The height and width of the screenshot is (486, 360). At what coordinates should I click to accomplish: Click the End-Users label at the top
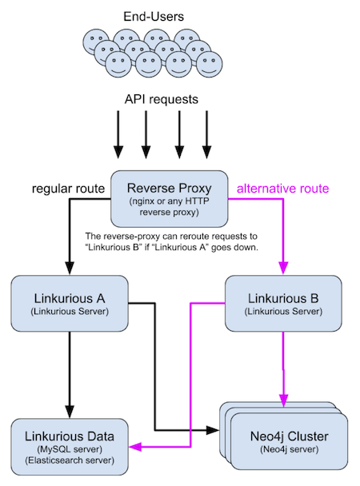tap(154, 17)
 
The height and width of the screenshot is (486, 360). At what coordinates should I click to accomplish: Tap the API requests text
tap(162, 99)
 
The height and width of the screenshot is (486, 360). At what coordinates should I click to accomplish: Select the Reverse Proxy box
tap(170, 199)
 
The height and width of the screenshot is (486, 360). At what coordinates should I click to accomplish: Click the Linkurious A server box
tap(70, 304)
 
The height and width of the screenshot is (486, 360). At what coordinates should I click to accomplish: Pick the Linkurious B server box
tap(283, 304)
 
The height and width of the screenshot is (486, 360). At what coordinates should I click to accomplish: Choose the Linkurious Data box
tap(70, 447)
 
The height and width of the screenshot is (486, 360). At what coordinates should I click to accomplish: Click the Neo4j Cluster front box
tap(289, 441)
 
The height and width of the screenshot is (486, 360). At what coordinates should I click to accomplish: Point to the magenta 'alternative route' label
tap(282, 189)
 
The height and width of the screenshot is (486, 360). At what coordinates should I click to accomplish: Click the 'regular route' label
tap(68, 189)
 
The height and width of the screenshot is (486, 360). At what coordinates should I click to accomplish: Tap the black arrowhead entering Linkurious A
tap(70, 269)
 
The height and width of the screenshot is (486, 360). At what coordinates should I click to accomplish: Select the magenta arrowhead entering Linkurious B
tap(283, 269)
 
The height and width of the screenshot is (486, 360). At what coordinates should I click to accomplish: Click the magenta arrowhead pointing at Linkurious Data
tap(135, 447)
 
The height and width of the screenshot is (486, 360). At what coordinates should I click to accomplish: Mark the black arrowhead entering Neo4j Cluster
tap(213, 430)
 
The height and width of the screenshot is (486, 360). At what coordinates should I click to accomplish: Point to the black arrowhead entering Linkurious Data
tap(70, 412)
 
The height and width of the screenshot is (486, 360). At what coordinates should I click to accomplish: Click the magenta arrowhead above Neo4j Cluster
tap(283, 400)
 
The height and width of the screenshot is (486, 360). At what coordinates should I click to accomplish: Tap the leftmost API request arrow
tap(118, 135)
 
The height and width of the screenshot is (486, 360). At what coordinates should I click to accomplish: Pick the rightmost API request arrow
tap(207, 135)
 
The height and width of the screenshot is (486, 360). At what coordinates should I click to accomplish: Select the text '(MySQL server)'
tap(70, 449)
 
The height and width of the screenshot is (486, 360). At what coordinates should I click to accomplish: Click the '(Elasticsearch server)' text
tap(70, 460)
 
